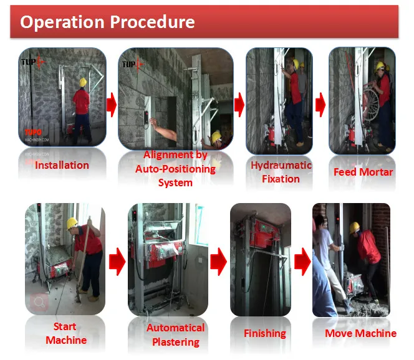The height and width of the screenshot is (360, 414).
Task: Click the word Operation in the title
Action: coord(62,22)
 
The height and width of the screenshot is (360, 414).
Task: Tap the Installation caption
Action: coord(62,165)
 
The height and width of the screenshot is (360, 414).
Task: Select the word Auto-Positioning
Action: coord(175,169)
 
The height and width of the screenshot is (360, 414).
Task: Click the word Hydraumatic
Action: coord(281,166)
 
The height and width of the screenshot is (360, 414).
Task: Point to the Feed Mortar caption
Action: coord(363,172)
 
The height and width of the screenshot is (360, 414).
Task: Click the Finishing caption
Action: coord(265,333)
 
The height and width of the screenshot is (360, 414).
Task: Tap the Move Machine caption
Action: coord(360,333)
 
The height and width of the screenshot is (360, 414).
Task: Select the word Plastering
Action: coord(176,342)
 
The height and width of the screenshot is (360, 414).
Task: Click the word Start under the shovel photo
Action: coord(65,326)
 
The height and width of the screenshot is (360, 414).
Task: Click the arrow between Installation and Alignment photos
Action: coord(112,105)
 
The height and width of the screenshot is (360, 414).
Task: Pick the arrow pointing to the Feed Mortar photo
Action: coord(320,105)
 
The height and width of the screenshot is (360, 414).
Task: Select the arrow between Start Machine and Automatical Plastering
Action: coord(117,262)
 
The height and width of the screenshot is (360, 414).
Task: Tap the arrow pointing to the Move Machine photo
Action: coord(302,262)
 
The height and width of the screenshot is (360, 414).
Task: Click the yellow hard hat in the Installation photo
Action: coord(83,82)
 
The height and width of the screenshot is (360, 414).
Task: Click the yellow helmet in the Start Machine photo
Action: coord(72,224)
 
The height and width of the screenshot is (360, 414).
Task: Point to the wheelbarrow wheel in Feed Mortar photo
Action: coord(371,103)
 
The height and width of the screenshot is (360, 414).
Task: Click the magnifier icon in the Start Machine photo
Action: coord(39,302)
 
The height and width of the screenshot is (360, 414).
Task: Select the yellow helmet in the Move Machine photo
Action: coord(354,228)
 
